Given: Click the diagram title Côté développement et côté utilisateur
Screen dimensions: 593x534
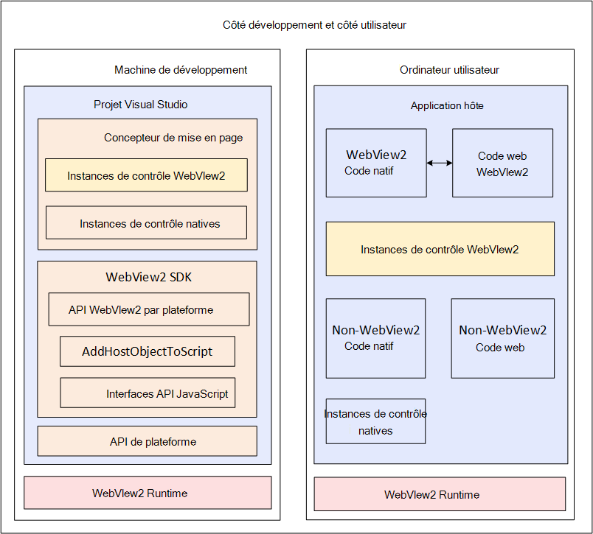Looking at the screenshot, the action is pyautogui.click(x=314, y=25).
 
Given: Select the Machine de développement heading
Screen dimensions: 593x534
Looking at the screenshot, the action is pyautogui.click(x=181, y=70).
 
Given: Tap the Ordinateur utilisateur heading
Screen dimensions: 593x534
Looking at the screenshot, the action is pyautogui.click(x=449, y=70).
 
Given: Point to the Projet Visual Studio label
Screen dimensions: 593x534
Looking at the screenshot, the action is pyautogui.click(x=141, y=105).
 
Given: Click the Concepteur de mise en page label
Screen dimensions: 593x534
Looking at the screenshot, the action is pyautogui.click(x=173, y=138).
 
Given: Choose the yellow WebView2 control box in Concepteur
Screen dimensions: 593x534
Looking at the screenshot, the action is pyautogui.click(x=146, y=175).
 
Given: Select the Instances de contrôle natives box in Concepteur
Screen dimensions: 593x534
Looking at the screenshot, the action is pyautogui.click(x=146, y=222).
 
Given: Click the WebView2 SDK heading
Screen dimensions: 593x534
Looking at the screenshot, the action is pyautogui.click(x=149, y=277).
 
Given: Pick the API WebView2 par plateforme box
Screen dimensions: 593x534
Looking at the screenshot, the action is pyautogui.click(x=149, y=309).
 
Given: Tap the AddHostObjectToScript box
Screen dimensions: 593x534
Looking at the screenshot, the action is pyautogui.click(x=148, y=351).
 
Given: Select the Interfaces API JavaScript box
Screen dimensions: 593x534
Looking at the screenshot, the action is pyautogui.click(x=148, y=393).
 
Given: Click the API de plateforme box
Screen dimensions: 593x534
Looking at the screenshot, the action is pyautogui.click(x=147, y=441).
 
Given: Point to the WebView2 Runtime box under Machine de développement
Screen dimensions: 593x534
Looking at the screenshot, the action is pyautogui.click(x=148, y=493).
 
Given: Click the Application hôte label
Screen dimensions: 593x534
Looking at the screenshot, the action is pyautogui.click(x=447, y=106).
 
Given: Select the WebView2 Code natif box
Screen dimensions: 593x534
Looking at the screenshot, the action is pyautogui.click(x=376, y=163).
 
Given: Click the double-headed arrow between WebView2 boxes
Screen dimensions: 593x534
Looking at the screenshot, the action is pyautogui.click(x=440, y=163).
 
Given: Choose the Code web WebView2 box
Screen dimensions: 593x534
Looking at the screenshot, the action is pyautogui.click(x=502, y=163).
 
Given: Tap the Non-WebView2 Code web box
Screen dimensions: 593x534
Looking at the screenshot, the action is pyautogui.click(x=503, y=338).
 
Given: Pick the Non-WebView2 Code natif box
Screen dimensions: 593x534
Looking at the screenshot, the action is pyautogui.click(x=376, y=338).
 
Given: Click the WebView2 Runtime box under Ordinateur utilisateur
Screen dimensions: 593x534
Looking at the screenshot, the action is pyautogui.click(x=440, y=494).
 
